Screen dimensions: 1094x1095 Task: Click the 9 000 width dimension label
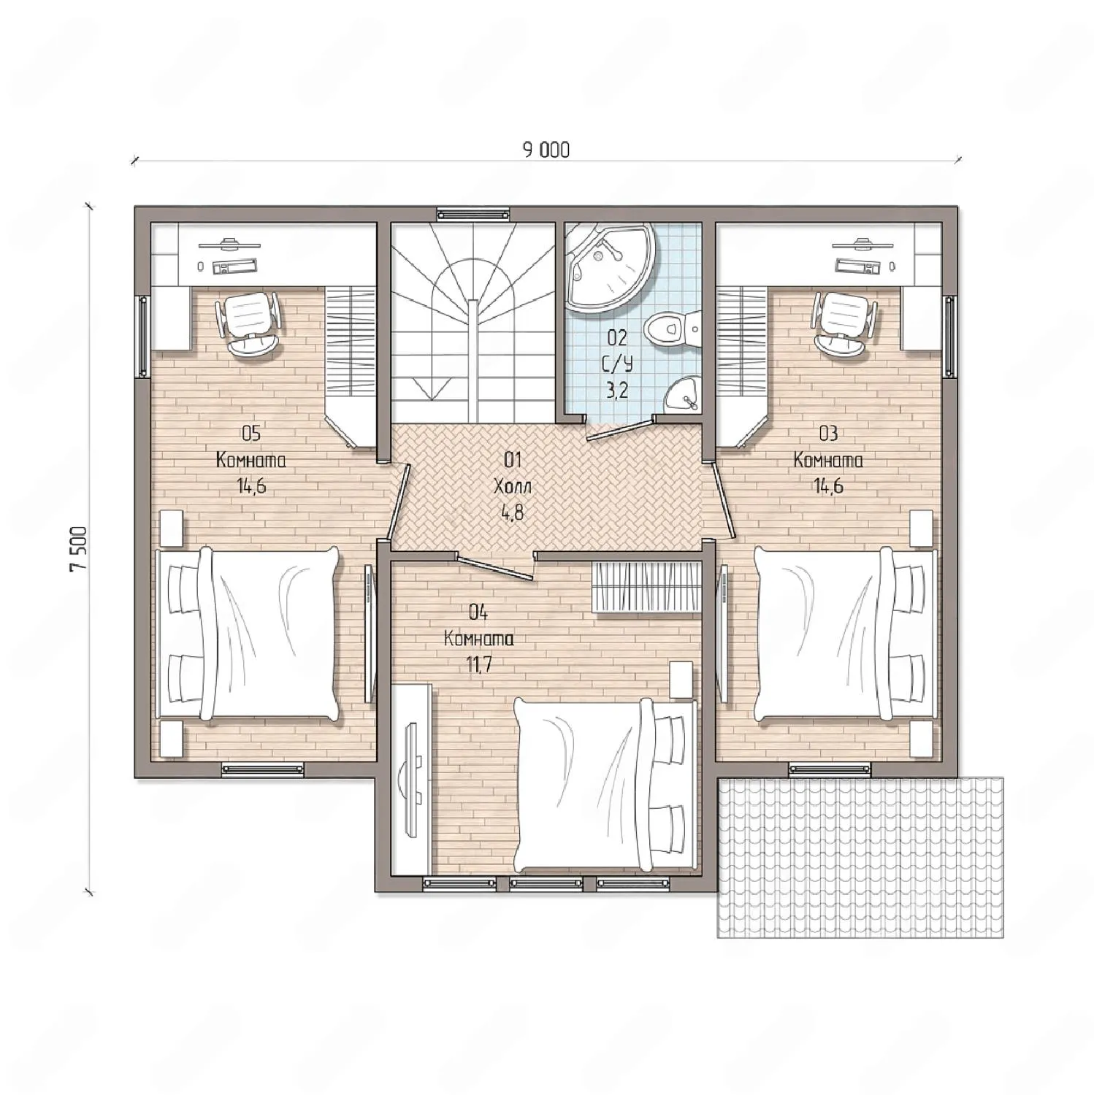tap(546, 150)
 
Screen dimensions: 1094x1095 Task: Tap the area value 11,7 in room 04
tap(478, 664)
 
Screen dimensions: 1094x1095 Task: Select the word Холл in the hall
tap(512, 486)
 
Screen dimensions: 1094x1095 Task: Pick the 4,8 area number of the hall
tap(512, 512)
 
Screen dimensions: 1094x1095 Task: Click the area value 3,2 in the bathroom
tap(616, 391)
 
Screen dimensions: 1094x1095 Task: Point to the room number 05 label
tap(250, 434)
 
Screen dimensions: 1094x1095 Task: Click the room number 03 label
tap(828, 434)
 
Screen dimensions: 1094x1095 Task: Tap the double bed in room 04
tap(605, 783)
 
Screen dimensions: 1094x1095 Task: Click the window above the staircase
tap(473, 214)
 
